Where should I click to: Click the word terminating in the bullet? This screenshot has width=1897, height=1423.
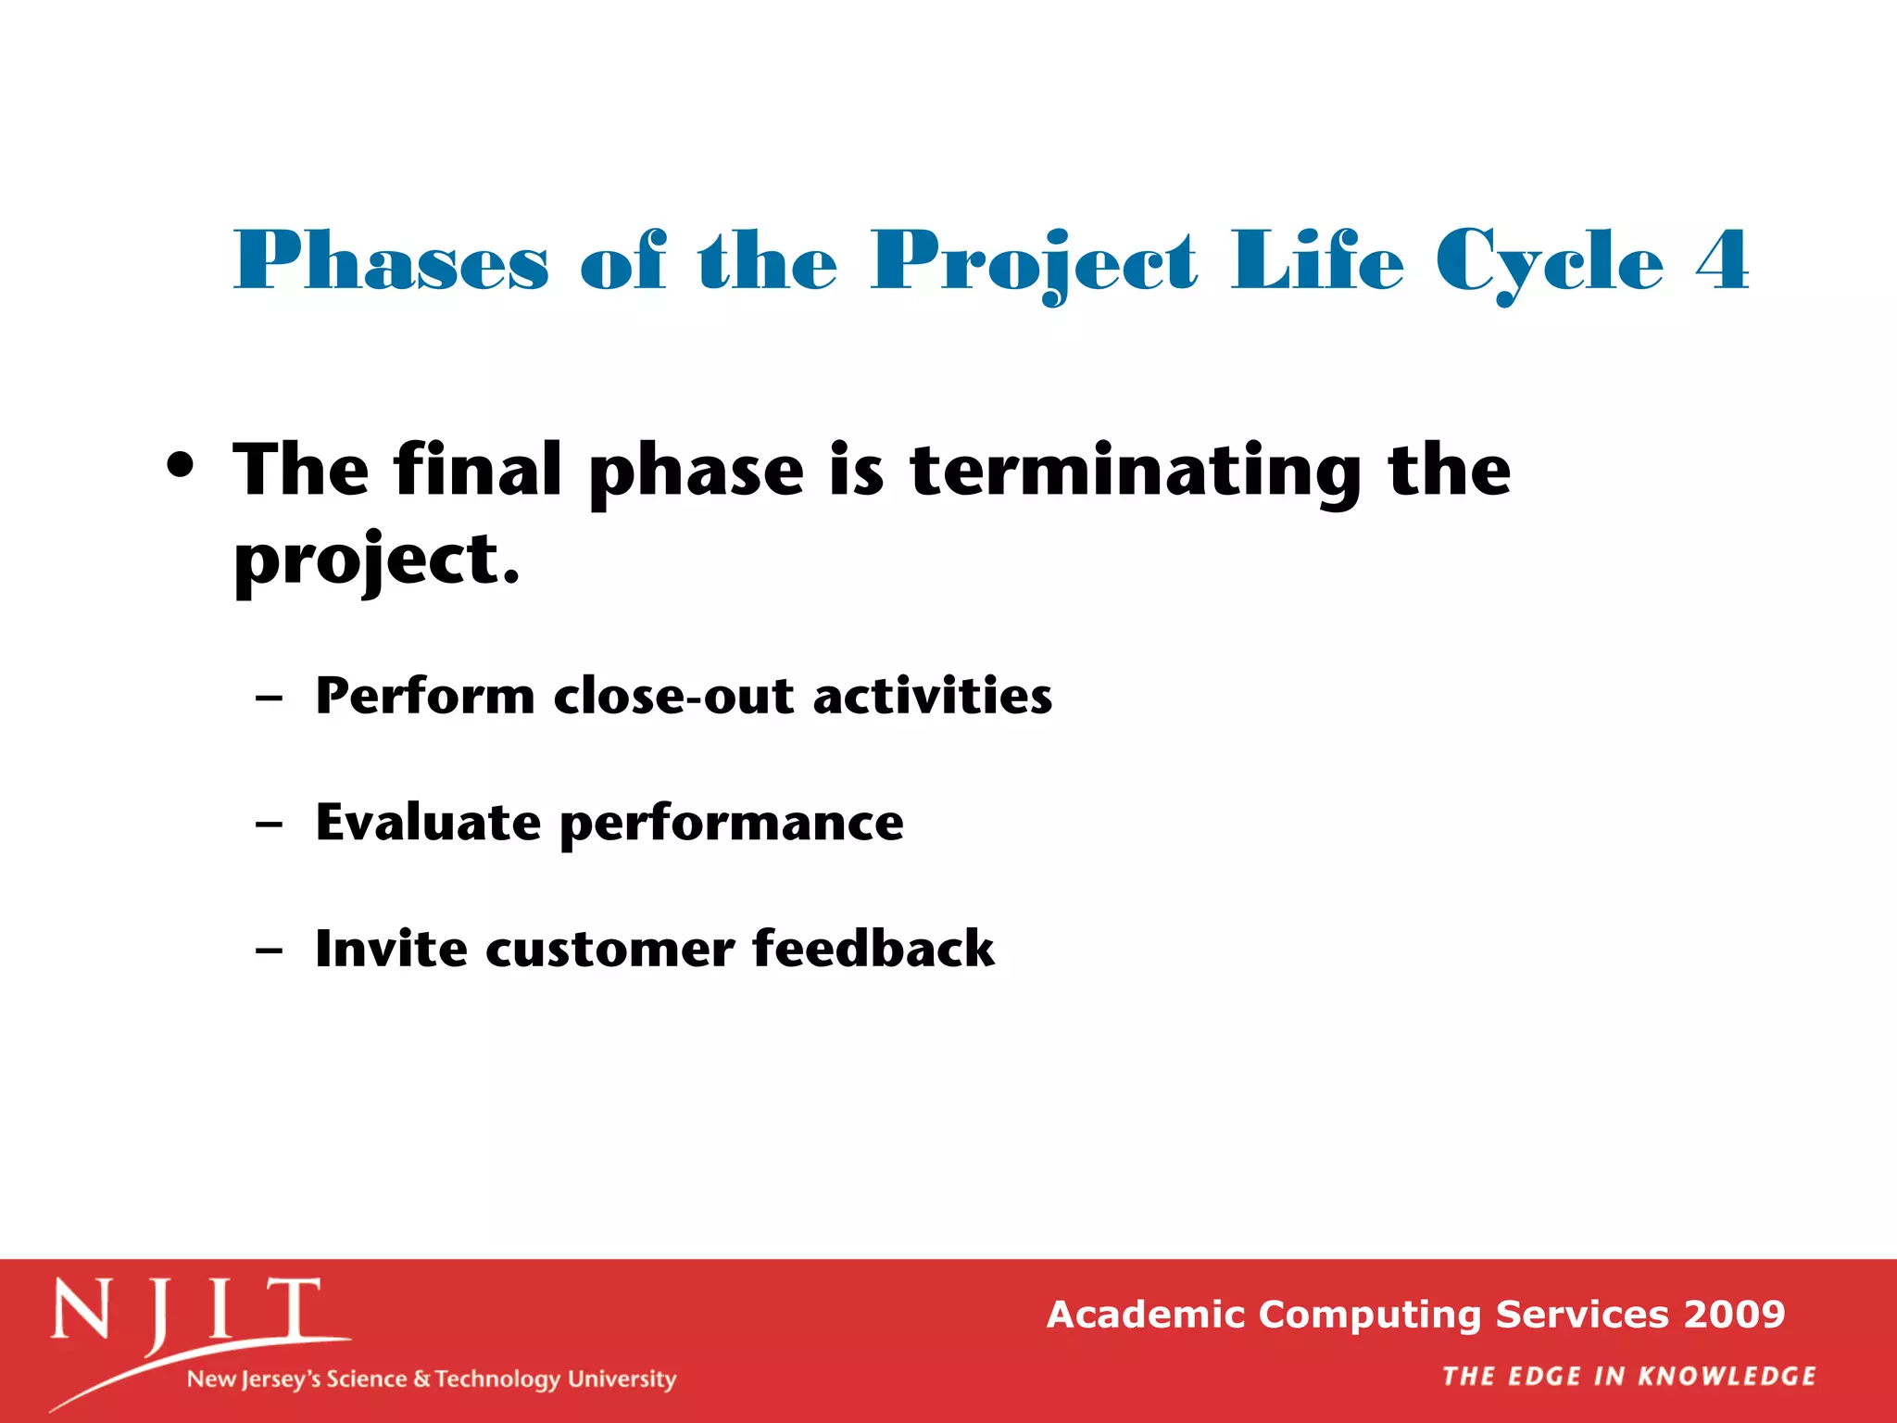coord(1136,472)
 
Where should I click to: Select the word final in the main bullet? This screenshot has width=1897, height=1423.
coord(477,470)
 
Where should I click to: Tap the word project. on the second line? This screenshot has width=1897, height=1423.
coord(376,560)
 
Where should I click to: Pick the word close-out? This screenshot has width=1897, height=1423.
coord(673,696)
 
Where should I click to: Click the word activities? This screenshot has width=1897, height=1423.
coord(932,696)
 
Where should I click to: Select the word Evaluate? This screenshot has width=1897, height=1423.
coord(427,822)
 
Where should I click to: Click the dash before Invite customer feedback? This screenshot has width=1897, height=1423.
coord(269,951)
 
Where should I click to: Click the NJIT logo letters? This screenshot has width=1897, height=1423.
coord(185,1310)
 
